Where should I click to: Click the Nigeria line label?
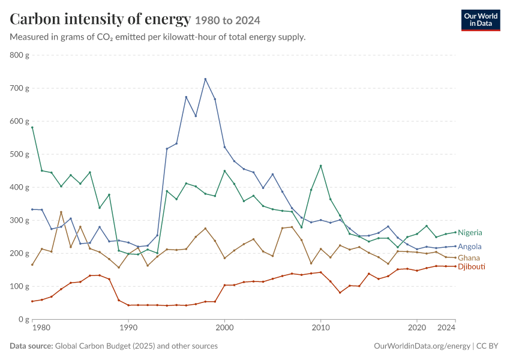point(470,233)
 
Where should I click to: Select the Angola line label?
point(470,247)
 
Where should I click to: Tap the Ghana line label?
point(469,258)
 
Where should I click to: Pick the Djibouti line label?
point(472,266)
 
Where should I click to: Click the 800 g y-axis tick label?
point(20,55)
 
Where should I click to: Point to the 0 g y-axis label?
point(24,319)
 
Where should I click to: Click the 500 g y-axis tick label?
point(20,154)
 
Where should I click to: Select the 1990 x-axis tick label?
point(128,328)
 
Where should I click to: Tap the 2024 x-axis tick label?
point(446,328)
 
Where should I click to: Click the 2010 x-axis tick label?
point(321,328)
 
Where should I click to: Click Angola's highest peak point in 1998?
point(205,79)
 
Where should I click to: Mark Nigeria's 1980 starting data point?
point(32,127)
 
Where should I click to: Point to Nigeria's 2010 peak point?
point(321,166)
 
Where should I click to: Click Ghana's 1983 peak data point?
point(61,212)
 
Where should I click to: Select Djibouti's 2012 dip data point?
point(340,293)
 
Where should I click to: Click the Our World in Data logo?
point(481,20)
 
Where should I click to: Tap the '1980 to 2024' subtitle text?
point(227,20)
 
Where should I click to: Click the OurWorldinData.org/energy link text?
point(422,346)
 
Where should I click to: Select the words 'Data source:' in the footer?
point(31,346)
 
